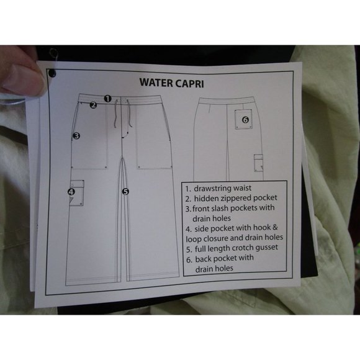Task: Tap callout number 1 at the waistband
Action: click(x=107, y=98)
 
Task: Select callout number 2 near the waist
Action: click(x=93, y=105)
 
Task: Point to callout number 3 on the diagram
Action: click(x=76, y=135)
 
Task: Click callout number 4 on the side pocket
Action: click(x=71, y=192)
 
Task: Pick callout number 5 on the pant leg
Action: click(x=125, y=191)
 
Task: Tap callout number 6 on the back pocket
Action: click(x=245, y=119)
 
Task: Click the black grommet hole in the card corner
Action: click(x=52, y=73)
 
